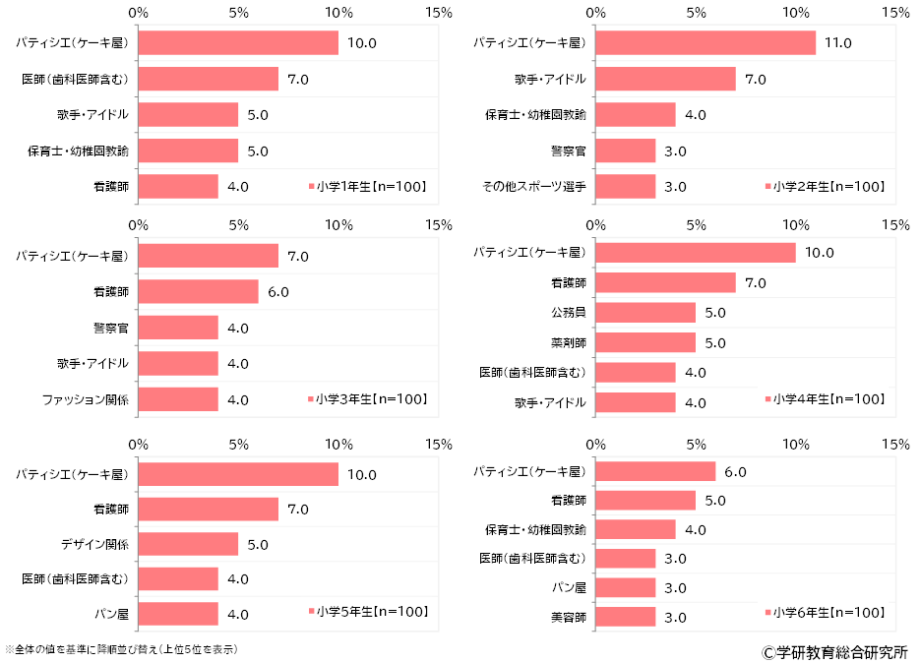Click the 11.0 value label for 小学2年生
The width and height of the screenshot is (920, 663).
(838, 43)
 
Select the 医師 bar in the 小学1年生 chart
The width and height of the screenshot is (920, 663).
(209, 79)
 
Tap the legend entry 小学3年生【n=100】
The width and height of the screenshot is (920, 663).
(368, 399)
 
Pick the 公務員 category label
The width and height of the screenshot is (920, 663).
(566, 313)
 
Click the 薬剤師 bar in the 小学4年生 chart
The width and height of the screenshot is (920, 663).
(645, 342)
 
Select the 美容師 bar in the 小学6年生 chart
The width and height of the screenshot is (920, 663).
(625, 617)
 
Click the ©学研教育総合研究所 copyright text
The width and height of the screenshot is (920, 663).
(833, 651)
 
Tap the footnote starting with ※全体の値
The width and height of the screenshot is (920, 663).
(121, 649)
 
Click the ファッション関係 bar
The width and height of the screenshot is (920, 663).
(178, 399)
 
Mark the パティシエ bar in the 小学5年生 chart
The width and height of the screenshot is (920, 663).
(238, 473)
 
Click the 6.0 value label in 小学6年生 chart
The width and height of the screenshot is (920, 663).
(735, 472)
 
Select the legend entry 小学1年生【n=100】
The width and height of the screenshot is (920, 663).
(368, 186)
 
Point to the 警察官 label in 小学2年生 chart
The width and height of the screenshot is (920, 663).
(568, 151)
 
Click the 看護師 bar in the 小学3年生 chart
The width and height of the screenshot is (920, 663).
(198, 292)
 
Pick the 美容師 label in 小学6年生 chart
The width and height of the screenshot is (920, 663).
(568, 617)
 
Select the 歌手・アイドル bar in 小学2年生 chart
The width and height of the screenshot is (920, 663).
(665, 79)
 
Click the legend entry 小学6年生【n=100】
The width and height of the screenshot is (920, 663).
(825, 613)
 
